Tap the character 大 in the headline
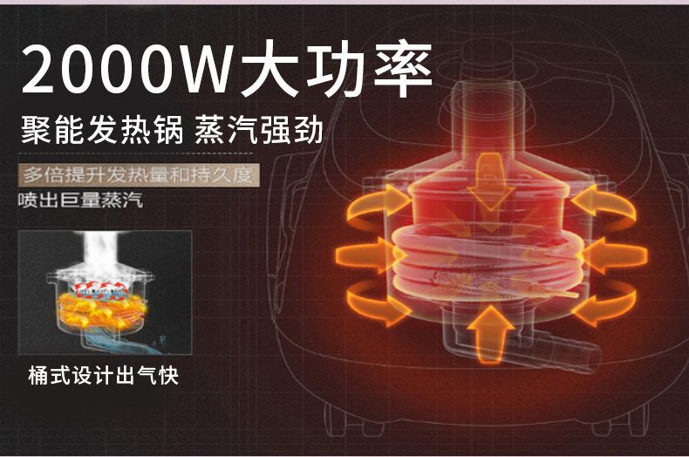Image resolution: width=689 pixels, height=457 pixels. (x=270, y=69)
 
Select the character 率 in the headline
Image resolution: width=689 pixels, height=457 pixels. (x=403, y=69)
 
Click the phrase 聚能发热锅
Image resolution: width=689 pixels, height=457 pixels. (x=102, y=129)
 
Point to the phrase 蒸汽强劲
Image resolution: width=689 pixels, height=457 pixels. (x=258, y=129)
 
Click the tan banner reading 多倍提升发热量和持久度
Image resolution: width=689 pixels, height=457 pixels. (x=139, y=175)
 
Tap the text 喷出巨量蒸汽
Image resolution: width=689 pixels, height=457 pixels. (x=81, y=201)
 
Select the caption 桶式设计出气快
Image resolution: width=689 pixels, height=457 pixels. (x=103, y=376)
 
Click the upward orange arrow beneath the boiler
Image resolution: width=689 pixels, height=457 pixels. (x=490, y=334)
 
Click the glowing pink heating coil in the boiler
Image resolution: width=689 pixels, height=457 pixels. (x=488, y=263)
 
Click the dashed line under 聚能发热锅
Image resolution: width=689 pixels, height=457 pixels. (x=136, y=153)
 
